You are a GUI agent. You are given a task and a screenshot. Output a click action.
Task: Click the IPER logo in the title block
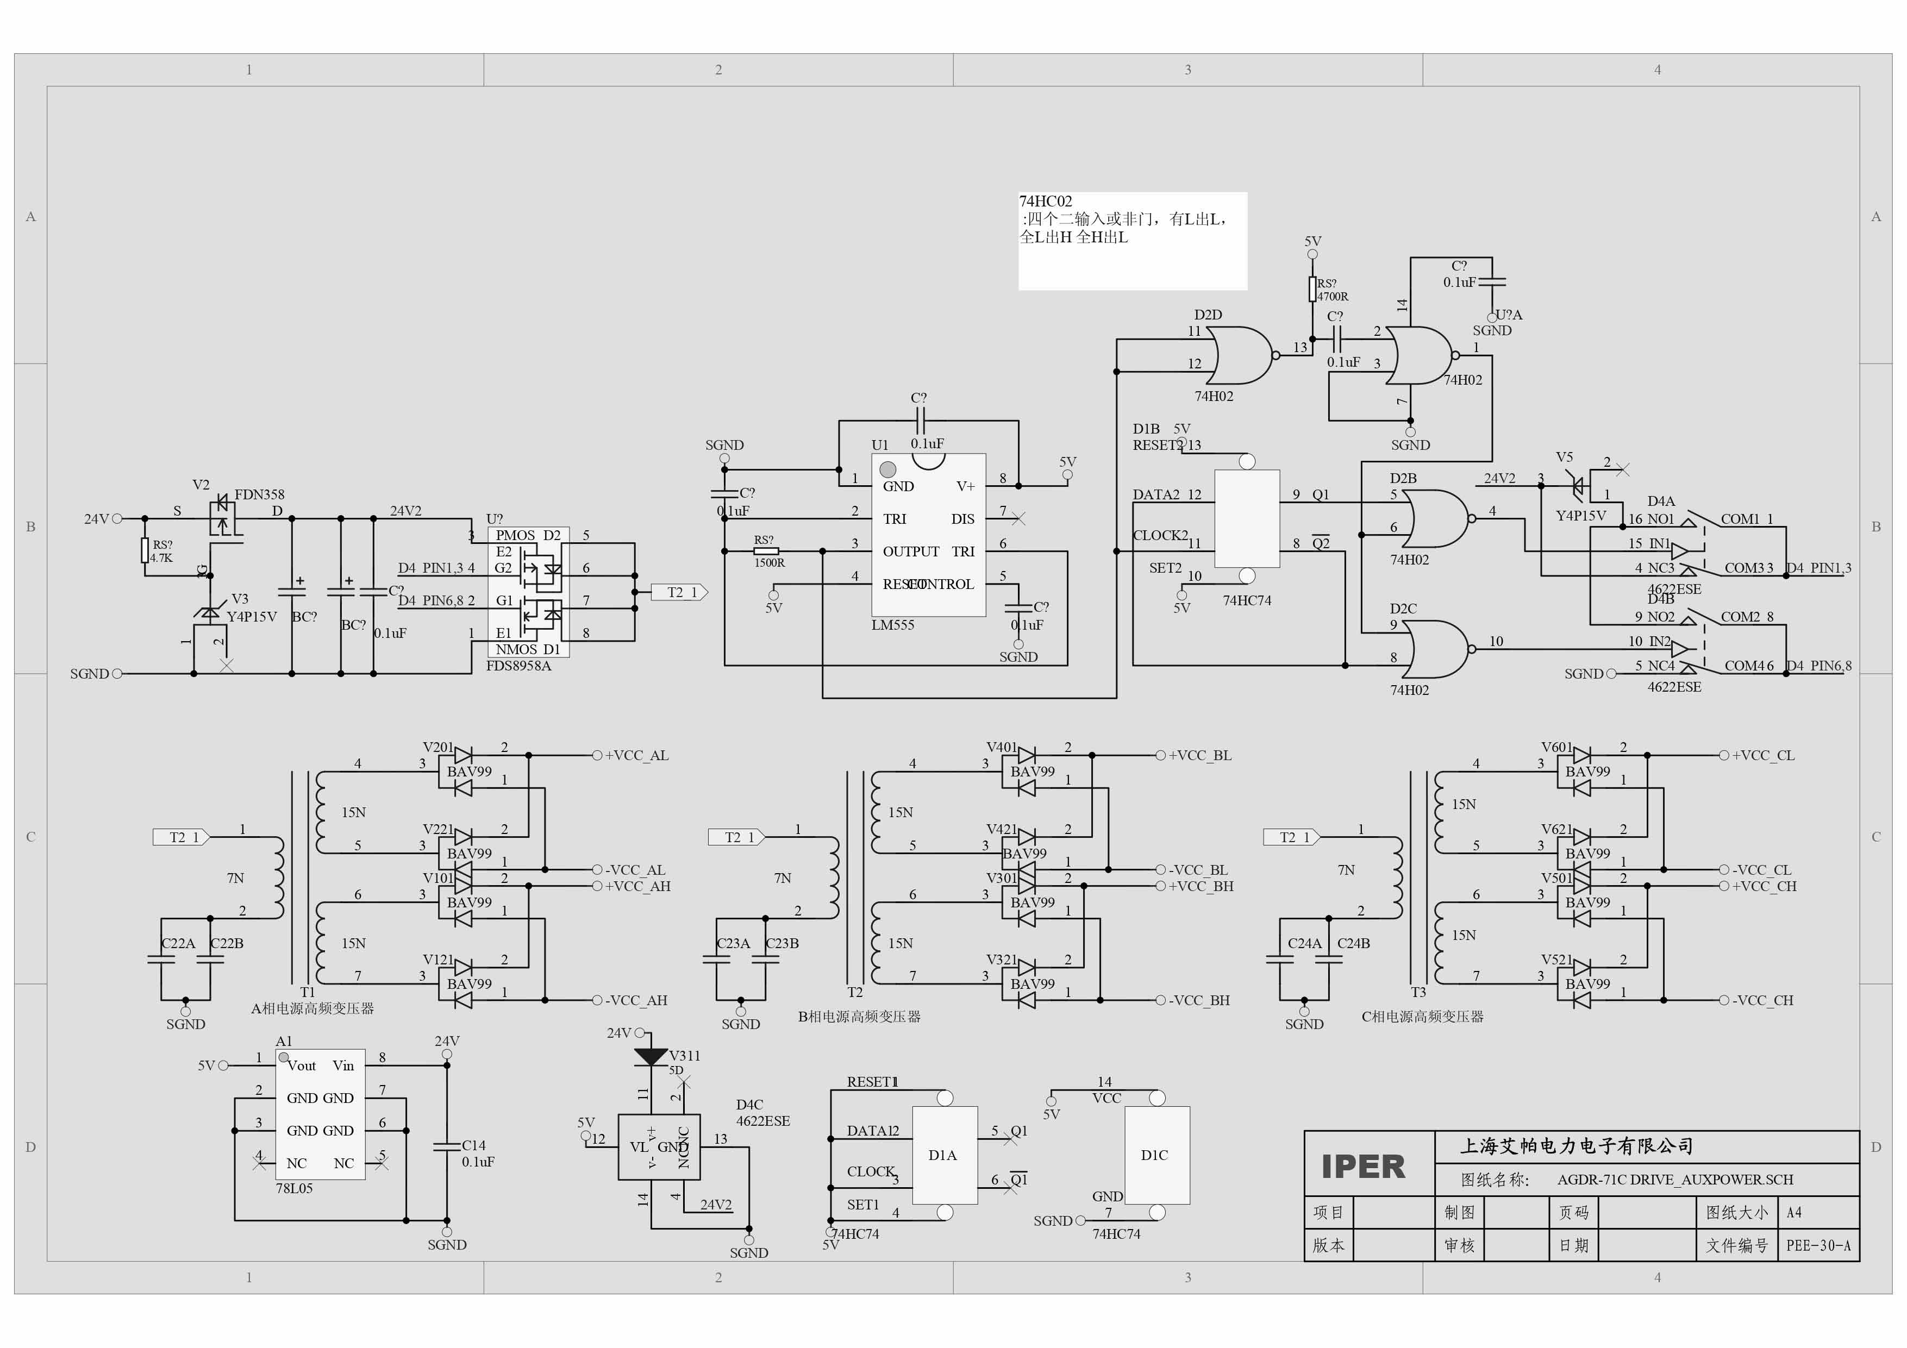[x=1363, y=1167]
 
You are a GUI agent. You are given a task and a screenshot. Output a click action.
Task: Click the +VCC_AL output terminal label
[x=636, y=756]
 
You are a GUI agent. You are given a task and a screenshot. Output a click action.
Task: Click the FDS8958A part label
[x=518, y=666]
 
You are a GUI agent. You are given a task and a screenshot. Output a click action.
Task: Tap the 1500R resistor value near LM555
[x=769, y=563]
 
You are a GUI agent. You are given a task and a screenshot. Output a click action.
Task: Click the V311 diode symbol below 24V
[x=651, y=1056]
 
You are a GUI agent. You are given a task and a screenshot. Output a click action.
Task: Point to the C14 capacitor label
[x=473, y=1145]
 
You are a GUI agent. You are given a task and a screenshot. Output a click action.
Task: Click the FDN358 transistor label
[x=259, y=494]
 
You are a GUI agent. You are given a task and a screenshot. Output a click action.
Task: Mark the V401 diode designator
[x=1001, y=748]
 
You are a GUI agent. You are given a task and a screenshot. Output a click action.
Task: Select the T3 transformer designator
[x=1418, y=993]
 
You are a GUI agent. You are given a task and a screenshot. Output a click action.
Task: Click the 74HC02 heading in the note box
[x=1045, y=202]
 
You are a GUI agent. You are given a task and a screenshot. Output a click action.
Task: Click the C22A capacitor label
[x=178, y=944]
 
